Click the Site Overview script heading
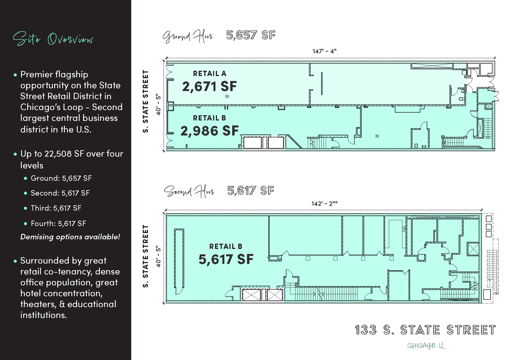[53, 39]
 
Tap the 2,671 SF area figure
[209, 87]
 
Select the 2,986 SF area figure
[209, 131]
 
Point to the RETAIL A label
[209, 74]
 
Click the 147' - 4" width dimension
[324, 51]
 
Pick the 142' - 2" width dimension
[324, 204]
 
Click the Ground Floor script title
[187, 36]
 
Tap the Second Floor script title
[189, 191]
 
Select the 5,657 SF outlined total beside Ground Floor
[250, 35]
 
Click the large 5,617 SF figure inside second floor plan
[226, 259]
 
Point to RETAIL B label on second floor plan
[226, 246]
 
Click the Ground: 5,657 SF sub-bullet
[61, 178]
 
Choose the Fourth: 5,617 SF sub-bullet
[58, 223]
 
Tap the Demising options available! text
[70, 237]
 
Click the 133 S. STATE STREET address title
[425, 330]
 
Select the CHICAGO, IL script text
[426, 346]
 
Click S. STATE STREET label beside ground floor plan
[146, 101]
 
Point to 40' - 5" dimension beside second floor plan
[158, 256]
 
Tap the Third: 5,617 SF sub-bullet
[56, 208]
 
